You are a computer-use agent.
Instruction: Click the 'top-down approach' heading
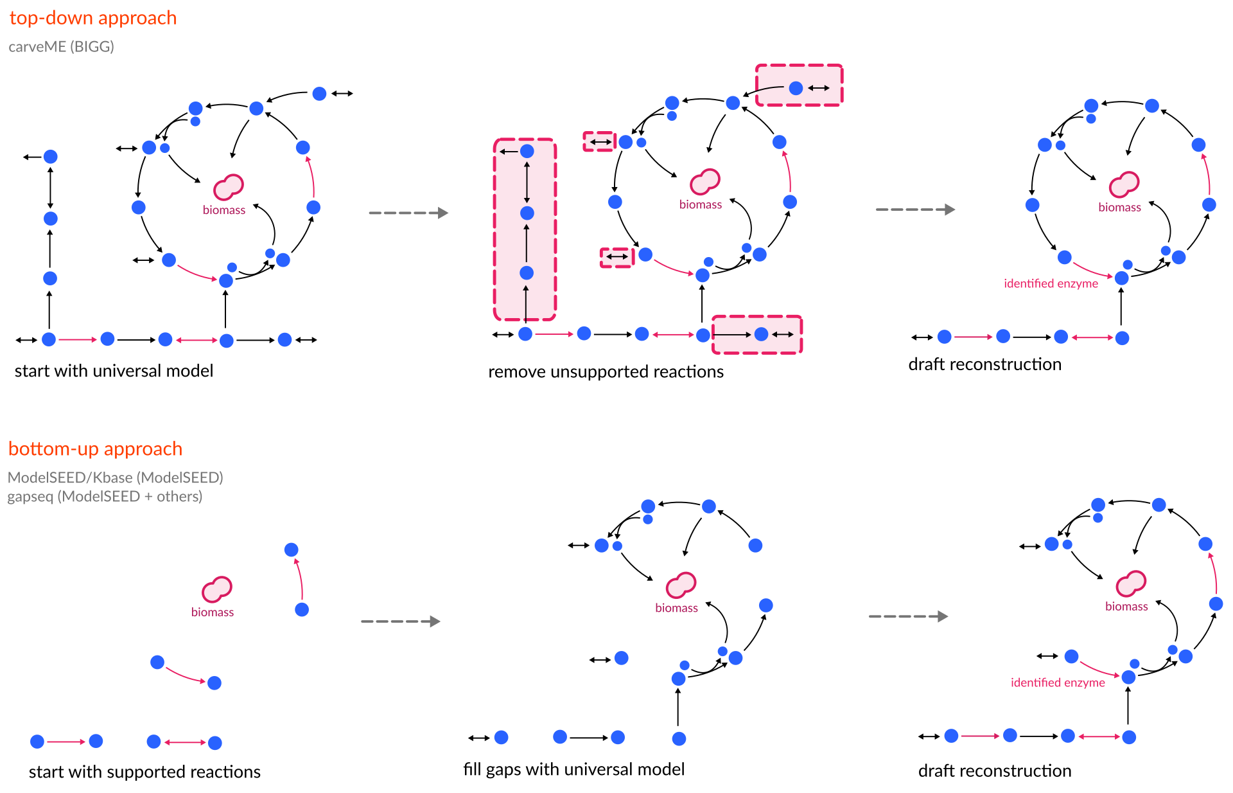92,18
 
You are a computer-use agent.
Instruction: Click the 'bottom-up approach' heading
95,449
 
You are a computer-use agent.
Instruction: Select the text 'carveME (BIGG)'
61,46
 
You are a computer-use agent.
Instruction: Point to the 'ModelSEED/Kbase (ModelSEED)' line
115,477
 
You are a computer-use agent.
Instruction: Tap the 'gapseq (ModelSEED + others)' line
105,497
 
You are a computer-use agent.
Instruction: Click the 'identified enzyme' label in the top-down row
1051,283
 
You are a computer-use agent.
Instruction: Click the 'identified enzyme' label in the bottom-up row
1058,682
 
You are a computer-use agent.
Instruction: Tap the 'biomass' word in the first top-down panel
224,210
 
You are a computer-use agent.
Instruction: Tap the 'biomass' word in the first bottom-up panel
212,612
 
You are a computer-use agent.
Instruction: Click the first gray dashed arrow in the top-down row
408,213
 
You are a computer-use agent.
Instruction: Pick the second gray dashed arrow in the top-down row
915,209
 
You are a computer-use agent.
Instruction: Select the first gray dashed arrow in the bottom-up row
401,621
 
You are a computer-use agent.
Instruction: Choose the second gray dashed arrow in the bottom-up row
908,616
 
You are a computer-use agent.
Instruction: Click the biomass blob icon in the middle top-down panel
704,181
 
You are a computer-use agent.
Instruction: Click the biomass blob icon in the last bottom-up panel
1130,583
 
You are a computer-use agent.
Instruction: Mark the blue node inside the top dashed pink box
796,88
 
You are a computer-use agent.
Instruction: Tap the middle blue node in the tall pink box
527,213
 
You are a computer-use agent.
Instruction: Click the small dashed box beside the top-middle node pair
600,141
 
